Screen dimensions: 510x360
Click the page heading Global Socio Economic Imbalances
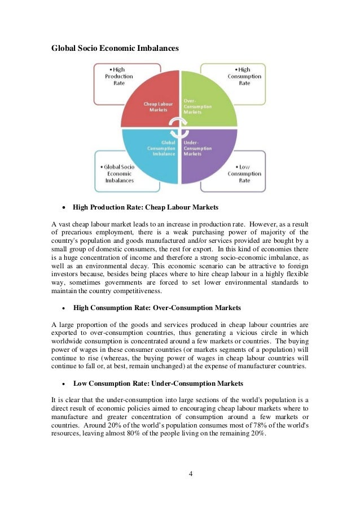(x=115, y=49)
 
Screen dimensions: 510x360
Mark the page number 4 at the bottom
(x=190, y=473)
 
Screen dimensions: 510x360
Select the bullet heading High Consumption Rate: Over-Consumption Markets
(x=157, y=308)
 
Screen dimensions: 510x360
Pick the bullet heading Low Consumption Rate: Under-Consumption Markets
(x=158, y=383)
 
